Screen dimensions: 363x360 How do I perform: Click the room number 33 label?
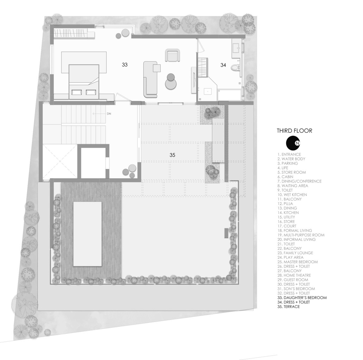(125, 65)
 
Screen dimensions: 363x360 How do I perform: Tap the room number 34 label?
(223, 65)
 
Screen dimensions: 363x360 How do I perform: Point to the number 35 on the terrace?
(172, 155)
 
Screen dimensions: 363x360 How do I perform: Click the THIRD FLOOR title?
(294, 131)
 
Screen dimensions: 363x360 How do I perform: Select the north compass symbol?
(293, 143)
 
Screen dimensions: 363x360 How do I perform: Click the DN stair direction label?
(109, 114)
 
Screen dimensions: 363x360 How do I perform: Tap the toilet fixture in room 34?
(236, 67)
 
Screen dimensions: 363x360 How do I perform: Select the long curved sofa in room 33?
(150, 79)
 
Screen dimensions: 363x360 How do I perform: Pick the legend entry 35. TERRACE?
(288, 307)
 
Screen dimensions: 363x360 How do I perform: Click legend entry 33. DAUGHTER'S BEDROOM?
(302, 298)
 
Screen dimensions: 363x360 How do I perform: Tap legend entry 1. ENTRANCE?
(289, 154)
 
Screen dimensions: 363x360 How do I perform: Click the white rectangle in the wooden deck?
(87, 234)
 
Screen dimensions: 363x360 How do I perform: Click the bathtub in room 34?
(229, 95)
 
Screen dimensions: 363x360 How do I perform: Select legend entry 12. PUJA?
(285, 204)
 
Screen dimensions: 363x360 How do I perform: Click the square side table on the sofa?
(157, 68)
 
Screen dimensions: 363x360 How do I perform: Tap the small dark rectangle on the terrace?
(226, 233)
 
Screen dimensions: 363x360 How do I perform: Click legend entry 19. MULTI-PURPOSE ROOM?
(301, 235)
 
